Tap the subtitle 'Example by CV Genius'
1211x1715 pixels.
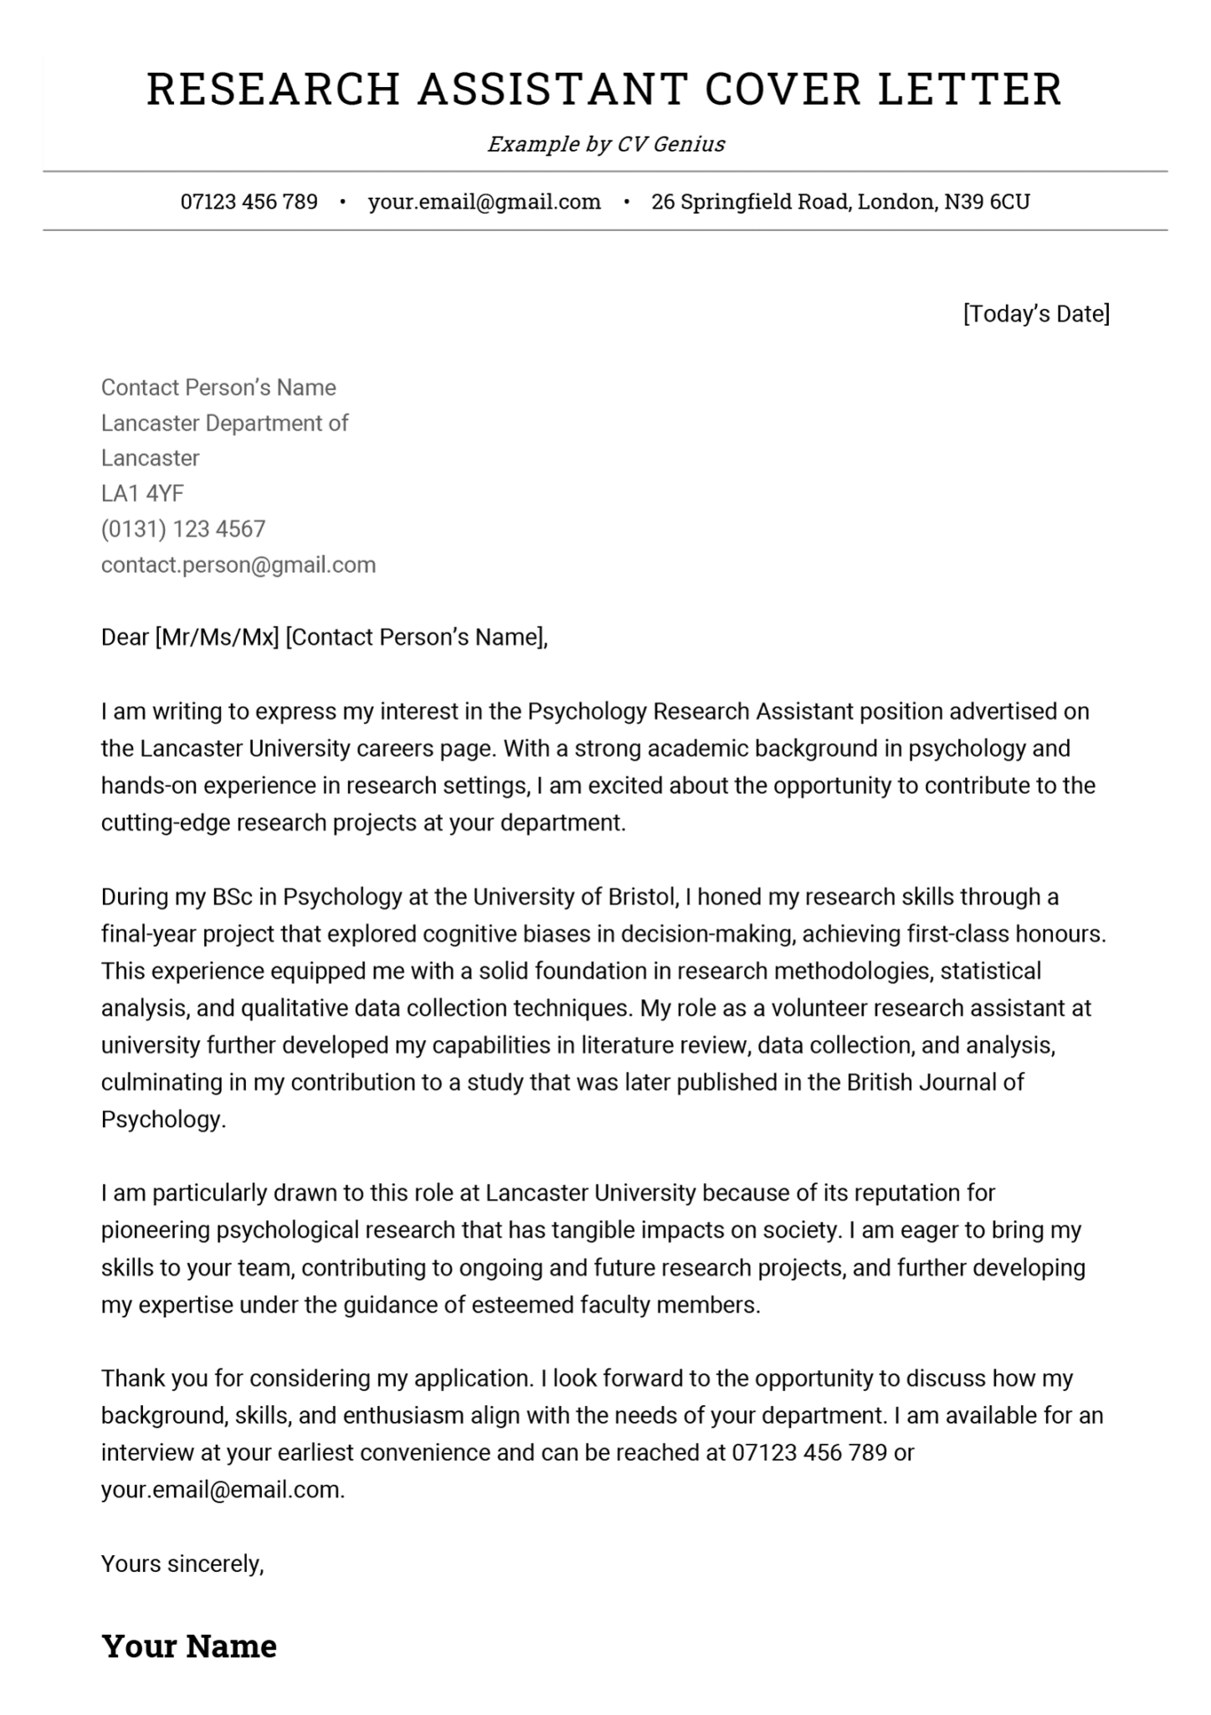(x=606, y=144)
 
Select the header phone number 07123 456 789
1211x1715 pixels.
(x=249, y=202)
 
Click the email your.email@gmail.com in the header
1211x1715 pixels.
(x=485, y=202)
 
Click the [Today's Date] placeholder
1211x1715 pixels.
(x=1036, y=314)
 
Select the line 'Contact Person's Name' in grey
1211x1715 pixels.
(x=218, y=388)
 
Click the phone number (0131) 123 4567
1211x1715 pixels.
(x=183, y=529)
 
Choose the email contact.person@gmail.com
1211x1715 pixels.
(x=239, y=564)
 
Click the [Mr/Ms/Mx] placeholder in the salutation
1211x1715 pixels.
(x=217, y=638)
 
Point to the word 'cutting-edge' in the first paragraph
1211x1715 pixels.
(x=166, y=823)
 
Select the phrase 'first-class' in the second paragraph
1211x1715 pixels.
(x=957, y=935)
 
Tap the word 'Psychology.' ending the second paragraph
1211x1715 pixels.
(x=163, y=1120)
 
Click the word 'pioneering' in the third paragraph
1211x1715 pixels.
(x=156, y=1230)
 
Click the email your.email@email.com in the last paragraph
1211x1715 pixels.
(x=223, y=1490)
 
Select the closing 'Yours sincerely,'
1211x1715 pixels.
(x=182, y=1563)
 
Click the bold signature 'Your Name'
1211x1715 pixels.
(x=189, y=1646)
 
